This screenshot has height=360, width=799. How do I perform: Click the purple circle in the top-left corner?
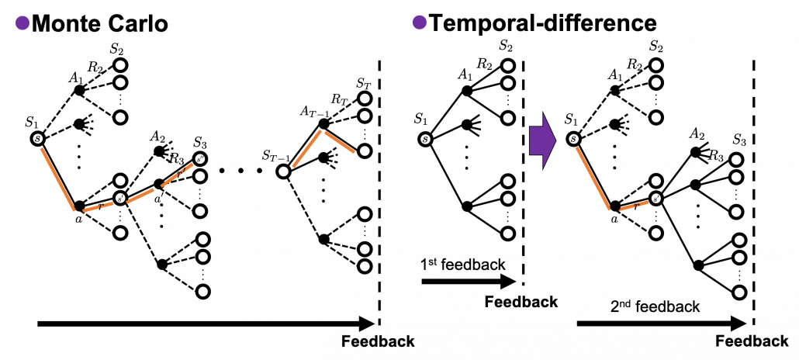point(22,22)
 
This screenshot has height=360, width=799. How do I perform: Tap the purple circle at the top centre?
point(420,22)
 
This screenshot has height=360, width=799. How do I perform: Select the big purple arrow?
point(542,140)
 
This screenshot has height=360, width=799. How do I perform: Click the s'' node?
point(199,159)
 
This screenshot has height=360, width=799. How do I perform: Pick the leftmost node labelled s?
point(38,139)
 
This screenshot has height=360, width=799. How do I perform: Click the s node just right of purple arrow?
point(573,139)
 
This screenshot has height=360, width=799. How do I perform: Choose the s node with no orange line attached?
point(425,140)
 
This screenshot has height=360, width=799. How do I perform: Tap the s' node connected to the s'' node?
point(120,199)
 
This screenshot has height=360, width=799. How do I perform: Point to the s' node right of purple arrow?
point(656,199)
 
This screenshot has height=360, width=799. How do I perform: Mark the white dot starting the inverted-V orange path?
point(283,171)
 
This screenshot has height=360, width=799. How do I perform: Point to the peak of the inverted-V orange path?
point(321,130)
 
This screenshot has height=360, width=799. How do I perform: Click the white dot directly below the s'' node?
point(200,176)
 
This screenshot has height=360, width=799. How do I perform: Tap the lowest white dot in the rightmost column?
point(739,292)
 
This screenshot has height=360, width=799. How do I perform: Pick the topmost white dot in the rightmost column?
point(736,160)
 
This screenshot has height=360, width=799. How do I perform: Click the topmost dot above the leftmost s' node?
point(120,65)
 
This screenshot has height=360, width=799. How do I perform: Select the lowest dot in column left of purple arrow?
point(508,234)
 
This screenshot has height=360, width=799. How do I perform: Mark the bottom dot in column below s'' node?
point(202,292)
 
